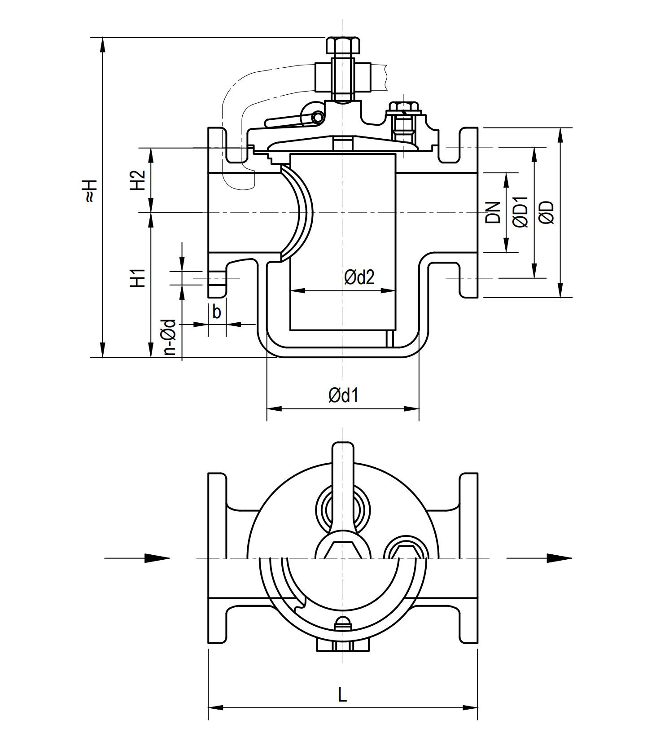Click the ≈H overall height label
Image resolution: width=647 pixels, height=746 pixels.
(90, 190)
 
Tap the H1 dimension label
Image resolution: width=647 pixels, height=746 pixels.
(138, 278)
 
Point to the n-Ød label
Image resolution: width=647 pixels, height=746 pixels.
(169, 337)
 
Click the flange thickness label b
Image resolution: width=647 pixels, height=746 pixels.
(217, 312)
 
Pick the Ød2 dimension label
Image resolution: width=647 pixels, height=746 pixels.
(359, 277)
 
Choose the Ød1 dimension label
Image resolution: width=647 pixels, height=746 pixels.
(343, 395)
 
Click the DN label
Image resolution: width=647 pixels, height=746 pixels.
(493, 212)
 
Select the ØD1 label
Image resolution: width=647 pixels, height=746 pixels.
(520, 212)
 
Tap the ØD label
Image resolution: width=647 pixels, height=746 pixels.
(547, 212)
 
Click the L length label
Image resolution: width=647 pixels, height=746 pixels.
(342, 695)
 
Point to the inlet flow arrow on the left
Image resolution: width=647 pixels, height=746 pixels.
(157, 558)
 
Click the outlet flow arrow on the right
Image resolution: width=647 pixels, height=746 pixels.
(559, 558)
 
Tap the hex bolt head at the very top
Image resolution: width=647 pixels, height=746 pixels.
(343, 45)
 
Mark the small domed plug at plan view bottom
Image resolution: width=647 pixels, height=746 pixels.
(343, 621)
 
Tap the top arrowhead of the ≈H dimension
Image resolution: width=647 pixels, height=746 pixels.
(103, 45)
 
